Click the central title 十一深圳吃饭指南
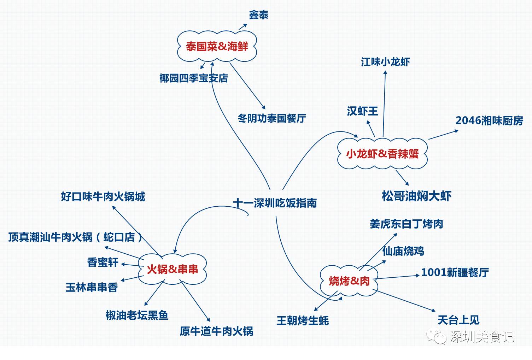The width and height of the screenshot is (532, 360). (x=275, y=203)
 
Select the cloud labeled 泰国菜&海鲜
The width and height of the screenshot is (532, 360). (x=217, y=46)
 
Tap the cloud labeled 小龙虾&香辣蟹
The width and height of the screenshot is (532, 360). (x=382, y=154)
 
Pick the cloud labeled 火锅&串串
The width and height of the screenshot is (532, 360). (x=172, y=269)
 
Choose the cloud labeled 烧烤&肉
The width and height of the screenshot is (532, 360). (x=349, y=281)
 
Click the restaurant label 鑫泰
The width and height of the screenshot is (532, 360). (x=258, y=15)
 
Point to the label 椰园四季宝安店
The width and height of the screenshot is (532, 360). (x=193, y=78)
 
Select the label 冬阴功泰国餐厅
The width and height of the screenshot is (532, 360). (x=271, y=118)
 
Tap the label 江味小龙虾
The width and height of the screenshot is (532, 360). (x=385, y=62)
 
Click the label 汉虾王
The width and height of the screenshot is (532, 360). (x=362, y=111)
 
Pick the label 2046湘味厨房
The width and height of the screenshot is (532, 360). (x=489, y=120)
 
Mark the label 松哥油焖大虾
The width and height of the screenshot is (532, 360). (x=416, y=196)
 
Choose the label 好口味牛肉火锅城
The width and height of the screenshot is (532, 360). (x=103, y=196)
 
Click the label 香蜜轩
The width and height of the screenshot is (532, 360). (x=103, y=262)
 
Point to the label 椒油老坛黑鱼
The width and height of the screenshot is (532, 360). (x=137, y=315)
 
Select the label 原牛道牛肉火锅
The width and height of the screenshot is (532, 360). (x=216, y=331)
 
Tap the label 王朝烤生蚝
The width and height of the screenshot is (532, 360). (x=303, y=320)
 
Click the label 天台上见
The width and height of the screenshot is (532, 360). (x=458, y=320)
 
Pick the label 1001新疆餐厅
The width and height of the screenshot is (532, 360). (x=455, y=272)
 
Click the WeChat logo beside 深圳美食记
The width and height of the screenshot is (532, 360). (x=436, y=336)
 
